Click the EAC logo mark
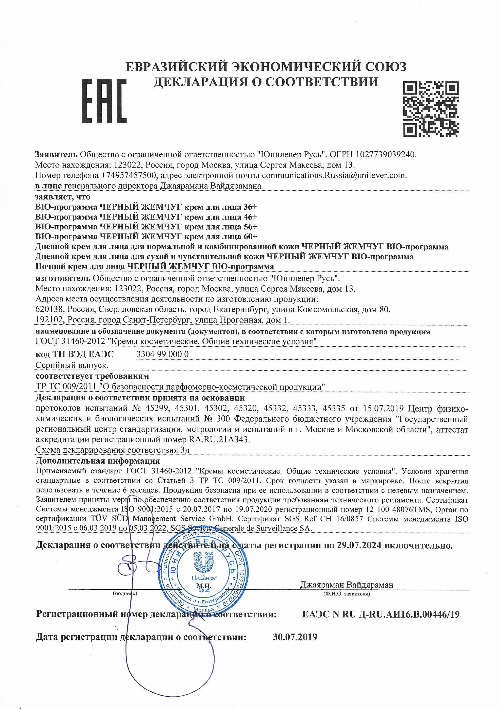(x=104, y=101)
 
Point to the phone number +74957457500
(x=128, y=175)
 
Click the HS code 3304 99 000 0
(x=162, y=354)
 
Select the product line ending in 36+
(x=146, y=207)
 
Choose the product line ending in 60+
(x=146, y=237)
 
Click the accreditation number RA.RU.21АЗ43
(x=218, y=439)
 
